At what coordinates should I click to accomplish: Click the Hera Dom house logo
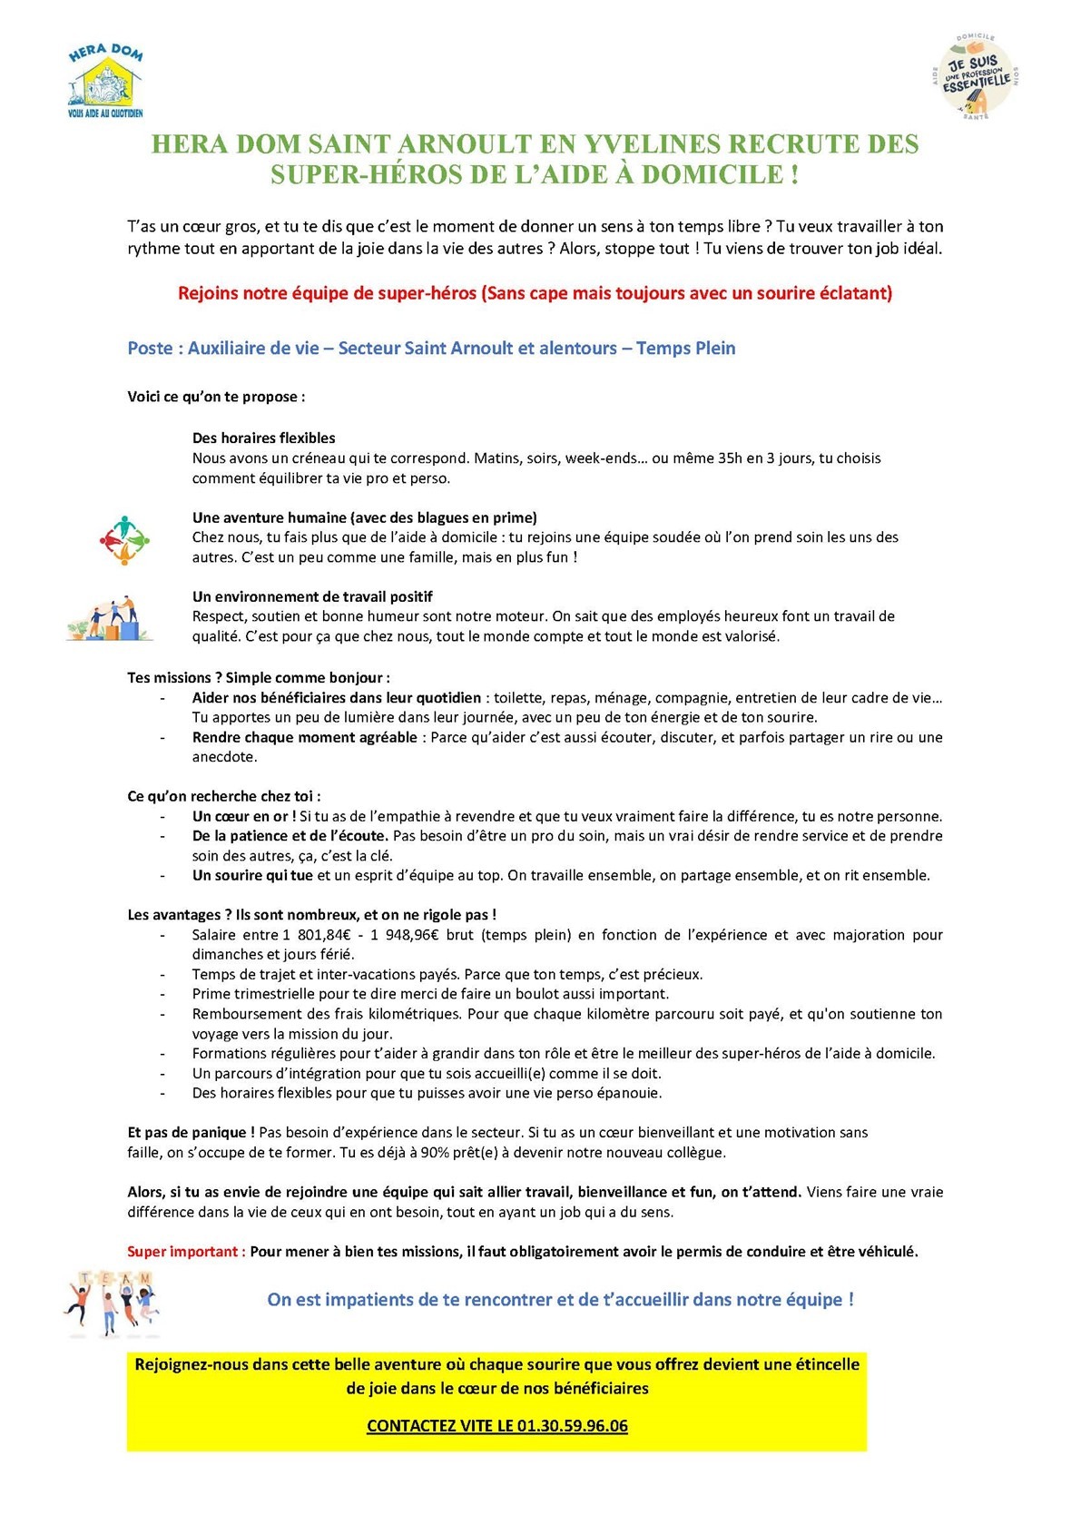tap(105, 80)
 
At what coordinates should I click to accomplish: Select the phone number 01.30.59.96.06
tap(572, 1425)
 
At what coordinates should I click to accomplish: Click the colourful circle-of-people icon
tap(123, 539)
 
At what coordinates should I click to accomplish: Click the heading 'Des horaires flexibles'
tap(263, 438)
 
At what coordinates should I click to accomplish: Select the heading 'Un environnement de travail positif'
tap(312, 596)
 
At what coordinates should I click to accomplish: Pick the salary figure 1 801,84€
tap(322, 934)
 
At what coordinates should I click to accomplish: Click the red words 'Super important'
tap(184, 1251)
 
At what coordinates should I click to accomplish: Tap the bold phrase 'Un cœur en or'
tap(241, 816)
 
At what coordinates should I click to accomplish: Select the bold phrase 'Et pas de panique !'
tap(191, 1132)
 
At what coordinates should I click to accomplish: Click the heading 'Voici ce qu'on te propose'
tap(215, 397)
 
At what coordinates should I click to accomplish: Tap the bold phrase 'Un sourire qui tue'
tap(252, 875)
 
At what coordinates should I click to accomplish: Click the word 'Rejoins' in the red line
tap(206, 292)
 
